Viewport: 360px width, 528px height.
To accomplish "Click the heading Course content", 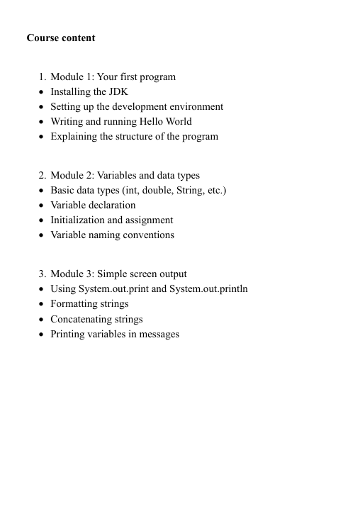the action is point(61,38).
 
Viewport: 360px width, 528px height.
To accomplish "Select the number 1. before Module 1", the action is point(43,77).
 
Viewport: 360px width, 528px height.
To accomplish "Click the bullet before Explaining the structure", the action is point(43,137).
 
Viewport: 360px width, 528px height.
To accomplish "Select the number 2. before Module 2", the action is point(43,175).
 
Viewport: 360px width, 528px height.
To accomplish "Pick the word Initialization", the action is point(78,220).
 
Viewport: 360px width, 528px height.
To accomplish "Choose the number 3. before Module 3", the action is point(43,274).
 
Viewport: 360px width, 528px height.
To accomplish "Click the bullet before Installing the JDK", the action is point(43,92).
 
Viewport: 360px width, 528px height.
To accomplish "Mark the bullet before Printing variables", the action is point(43,335).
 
